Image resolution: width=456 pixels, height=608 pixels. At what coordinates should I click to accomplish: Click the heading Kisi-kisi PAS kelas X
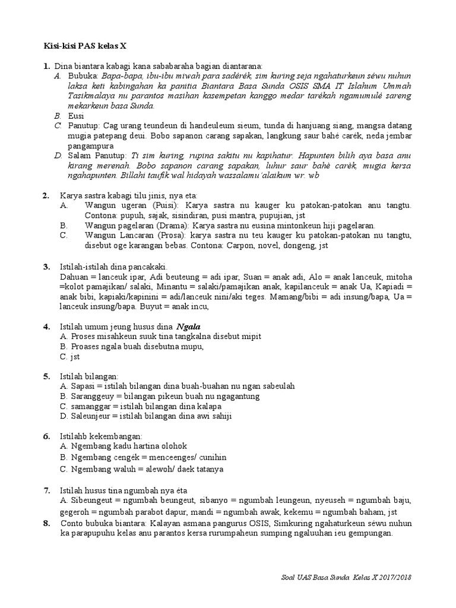click(x=85, y=46)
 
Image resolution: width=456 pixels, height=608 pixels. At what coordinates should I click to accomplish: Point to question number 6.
click(x=46, y=436)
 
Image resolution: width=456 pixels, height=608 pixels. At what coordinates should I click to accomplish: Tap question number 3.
click(x=46, y=267)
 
